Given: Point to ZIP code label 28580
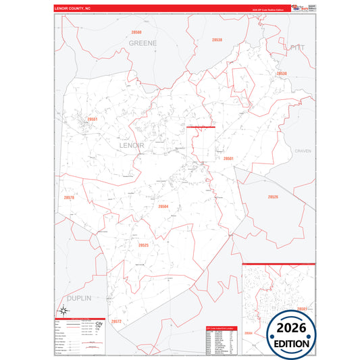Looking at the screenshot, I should [137, 32].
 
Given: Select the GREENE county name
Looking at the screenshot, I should [143, 43].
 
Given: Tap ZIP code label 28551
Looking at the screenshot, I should [93, 120].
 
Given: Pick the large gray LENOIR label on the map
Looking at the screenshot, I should [131, 145].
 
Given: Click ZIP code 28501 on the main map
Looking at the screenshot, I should [228, 158].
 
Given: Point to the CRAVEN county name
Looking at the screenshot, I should [303, 151].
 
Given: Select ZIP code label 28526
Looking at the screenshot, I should [272, 197].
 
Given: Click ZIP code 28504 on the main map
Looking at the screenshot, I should [163, 207].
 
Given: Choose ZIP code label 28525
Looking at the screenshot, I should [143, 245].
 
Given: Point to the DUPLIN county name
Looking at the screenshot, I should [78, 297].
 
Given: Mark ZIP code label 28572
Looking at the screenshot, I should [116, 321].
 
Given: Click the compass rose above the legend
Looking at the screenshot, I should [99, 326].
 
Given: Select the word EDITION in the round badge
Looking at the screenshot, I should [290, 343].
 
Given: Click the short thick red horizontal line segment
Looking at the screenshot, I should [201, 126].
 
